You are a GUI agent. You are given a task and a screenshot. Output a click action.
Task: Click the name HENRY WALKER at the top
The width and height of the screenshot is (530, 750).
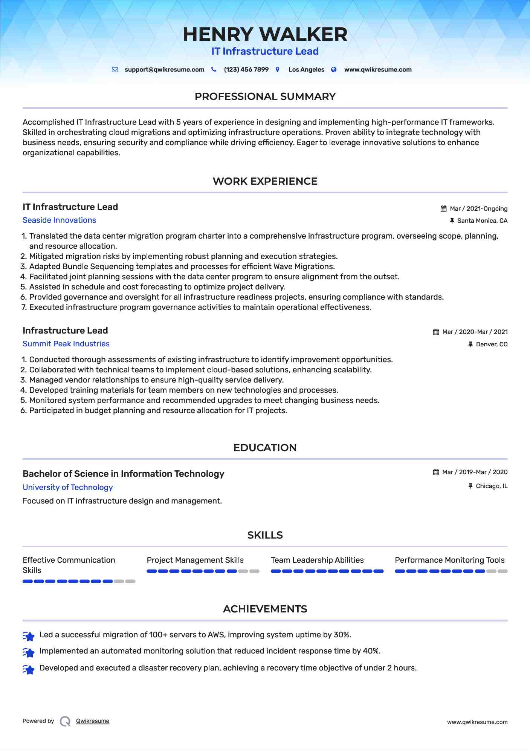[x=265, y=34]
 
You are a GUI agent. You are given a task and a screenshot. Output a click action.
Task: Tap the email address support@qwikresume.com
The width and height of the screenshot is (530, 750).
[x=164, y=70]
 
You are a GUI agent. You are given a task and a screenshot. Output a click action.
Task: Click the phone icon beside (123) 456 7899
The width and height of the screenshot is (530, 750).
[x=214, y=69]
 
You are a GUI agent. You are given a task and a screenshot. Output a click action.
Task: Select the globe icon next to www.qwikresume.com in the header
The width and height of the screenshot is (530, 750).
[x=334, y=69]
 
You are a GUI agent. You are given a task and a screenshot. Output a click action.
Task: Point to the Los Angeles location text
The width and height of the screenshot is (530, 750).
[x=306, y=70]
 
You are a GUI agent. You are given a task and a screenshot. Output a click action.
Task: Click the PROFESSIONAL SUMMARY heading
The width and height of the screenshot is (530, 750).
[x=265, y=96]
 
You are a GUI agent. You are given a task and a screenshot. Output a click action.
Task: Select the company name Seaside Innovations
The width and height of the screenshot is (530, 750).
[x=59, y=220]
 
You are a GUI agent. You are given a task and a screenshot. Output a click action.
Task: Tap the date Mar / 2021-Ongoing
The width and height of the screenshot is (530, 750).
[x=478, y=209]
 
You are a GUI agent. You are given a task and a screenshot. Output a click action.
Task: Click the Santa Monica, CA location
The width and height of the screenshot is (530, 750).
[x=482, y=221]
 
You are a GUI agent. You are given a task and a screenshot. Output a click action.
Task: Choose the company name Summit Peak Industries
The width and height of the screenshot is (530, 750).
[x=66, y=344]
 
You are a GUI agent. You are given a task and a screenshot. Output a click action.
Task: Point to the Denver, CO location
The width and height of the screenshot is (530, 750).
[x=492, y=344]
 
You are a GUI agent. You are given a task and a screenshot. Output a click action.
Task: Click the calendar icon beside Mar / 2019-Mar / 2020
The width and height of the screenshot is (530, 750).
[x=436, y=472]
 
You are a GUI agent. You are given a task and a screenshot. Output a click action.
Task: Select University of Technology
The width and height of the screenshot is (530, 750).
[x=67, y=487]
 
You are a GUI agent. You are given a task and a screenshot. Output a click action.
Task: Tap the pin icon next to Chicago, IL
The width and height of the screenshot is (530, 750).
[x=470, y=486]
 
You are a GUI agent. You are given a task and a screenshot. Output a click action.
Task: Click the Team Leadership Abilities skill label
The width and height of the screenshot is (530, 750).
[x=317, y=560]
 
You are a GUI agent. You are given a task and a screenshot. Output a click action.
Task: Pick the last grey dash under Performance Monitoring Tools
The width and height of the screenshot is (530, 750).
[x=503, y=571]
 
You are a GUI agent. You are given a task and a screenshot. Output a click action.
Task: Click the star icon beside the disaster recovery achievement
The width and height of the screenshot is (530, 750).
[x=29, y=669]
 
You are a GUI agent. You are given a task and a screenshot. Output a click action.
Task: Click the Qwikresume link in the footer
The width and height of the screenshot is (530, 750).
[x=93, y=721]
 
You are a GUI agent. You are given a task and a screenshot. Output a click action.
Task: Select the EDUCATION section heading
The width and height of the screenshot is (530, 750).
[x=265, y=448]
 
